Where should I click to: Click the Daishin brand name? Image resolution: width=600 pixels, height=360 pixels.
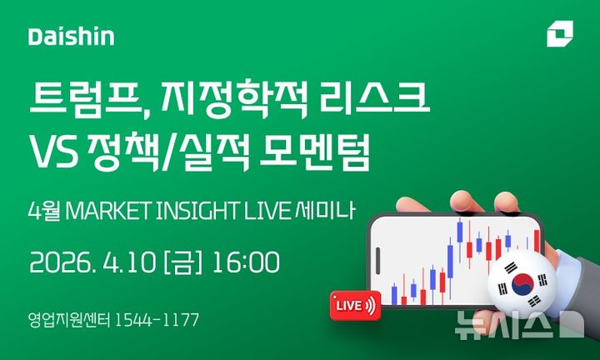(x=71, y=37)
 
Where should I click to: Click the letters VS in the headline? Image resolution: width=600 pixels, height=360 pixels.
(x=54, y=153)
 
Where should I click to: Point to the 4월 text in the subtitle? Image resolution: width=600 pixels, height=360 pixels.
(x=42, y=210)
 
